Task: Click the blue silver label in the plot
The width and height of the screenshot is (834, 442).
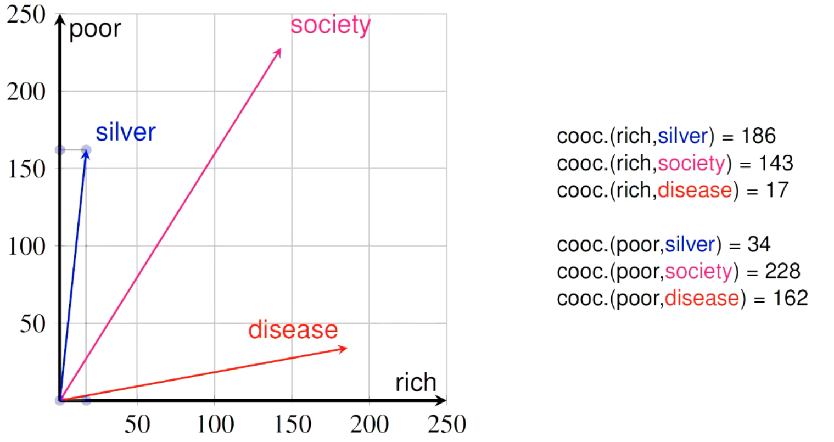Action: pyautogui.click(x=126, y=132)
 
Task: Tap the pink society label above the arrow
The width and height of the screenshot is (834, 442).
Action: pyautogui.click(x=331, y=25)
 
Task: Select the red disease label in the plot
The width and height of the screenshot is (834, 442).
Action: pyautogui.click(x=293, y=329)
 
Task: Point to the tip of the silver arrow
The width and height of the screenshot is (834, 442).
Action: pyautogui.click(x=86, y=150)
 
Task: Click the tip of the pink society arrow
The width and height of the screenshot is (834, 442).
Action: pyautogui.click(x=281, y=49)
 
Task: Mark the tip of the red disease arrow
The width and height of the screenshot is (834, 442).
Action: pyautogui.click(x=347, y=348)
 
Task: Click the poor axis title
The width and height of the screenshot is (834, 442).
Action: pyautogui.click(x=95, y=29)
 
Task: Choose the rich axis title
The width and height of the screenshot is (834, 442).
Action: pyautogui.click(x=416, y=382)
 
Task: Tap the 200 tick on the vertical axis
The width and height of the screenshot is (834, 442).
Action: pyautogui.click(x=26, y=92)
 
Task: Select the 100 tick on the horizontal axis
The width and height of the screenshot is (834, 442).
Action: pyautogui.click(x=215, y=424)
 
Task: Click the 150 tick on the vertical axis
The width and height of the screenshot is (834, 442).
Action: pyautogui.click(x=26, y=169)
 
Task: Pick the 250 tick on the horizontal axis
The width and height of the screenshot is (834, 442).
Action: pyautogui.click(x=447, y=424)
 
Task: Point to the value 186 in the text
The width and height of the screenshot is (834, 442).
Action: pyautogui.click(x=758, y=136)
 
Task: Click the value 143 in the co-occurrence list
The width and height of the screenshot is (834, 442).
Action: pyautogui.click(x=775, y=163)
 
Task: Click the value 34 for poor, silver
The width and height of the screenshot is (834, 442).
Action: pyautogui.click(x=759, y=244)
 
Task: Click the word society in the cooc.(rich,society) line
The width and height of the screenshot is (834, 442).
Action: pyautogui.click(x=692, y=163)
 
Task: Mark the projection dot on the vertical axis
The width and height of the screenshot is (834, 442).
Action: pyautogui.click(x=60, y=150)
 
